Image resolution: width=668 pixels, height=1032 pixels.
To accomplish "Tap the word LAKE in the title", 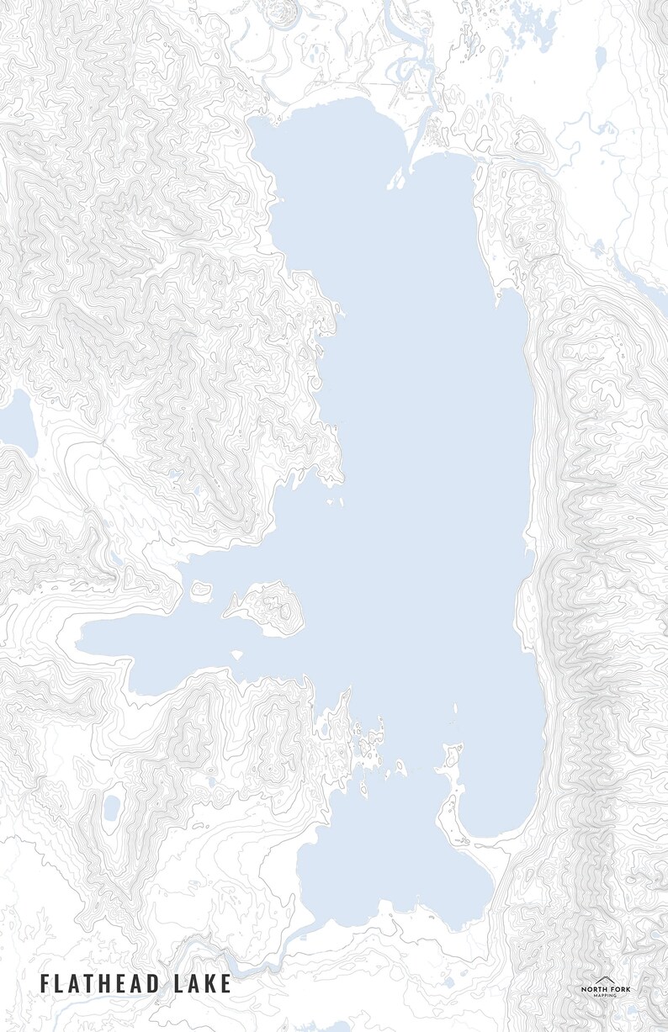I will (x=202, y=983).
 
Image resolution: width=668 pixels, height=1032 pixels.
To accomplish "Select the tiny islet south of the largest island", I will (x=236, y=654).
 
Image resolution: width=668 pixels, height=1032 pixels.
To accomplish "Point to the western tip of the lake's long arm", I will (x=80, y=643).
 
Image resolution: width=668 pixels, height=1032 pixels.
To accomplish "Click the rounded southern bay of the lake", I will (x=387, y=875).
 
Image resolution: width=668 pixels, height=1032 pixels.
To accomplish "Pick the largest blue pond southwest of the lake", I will (x=111, y=807).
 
